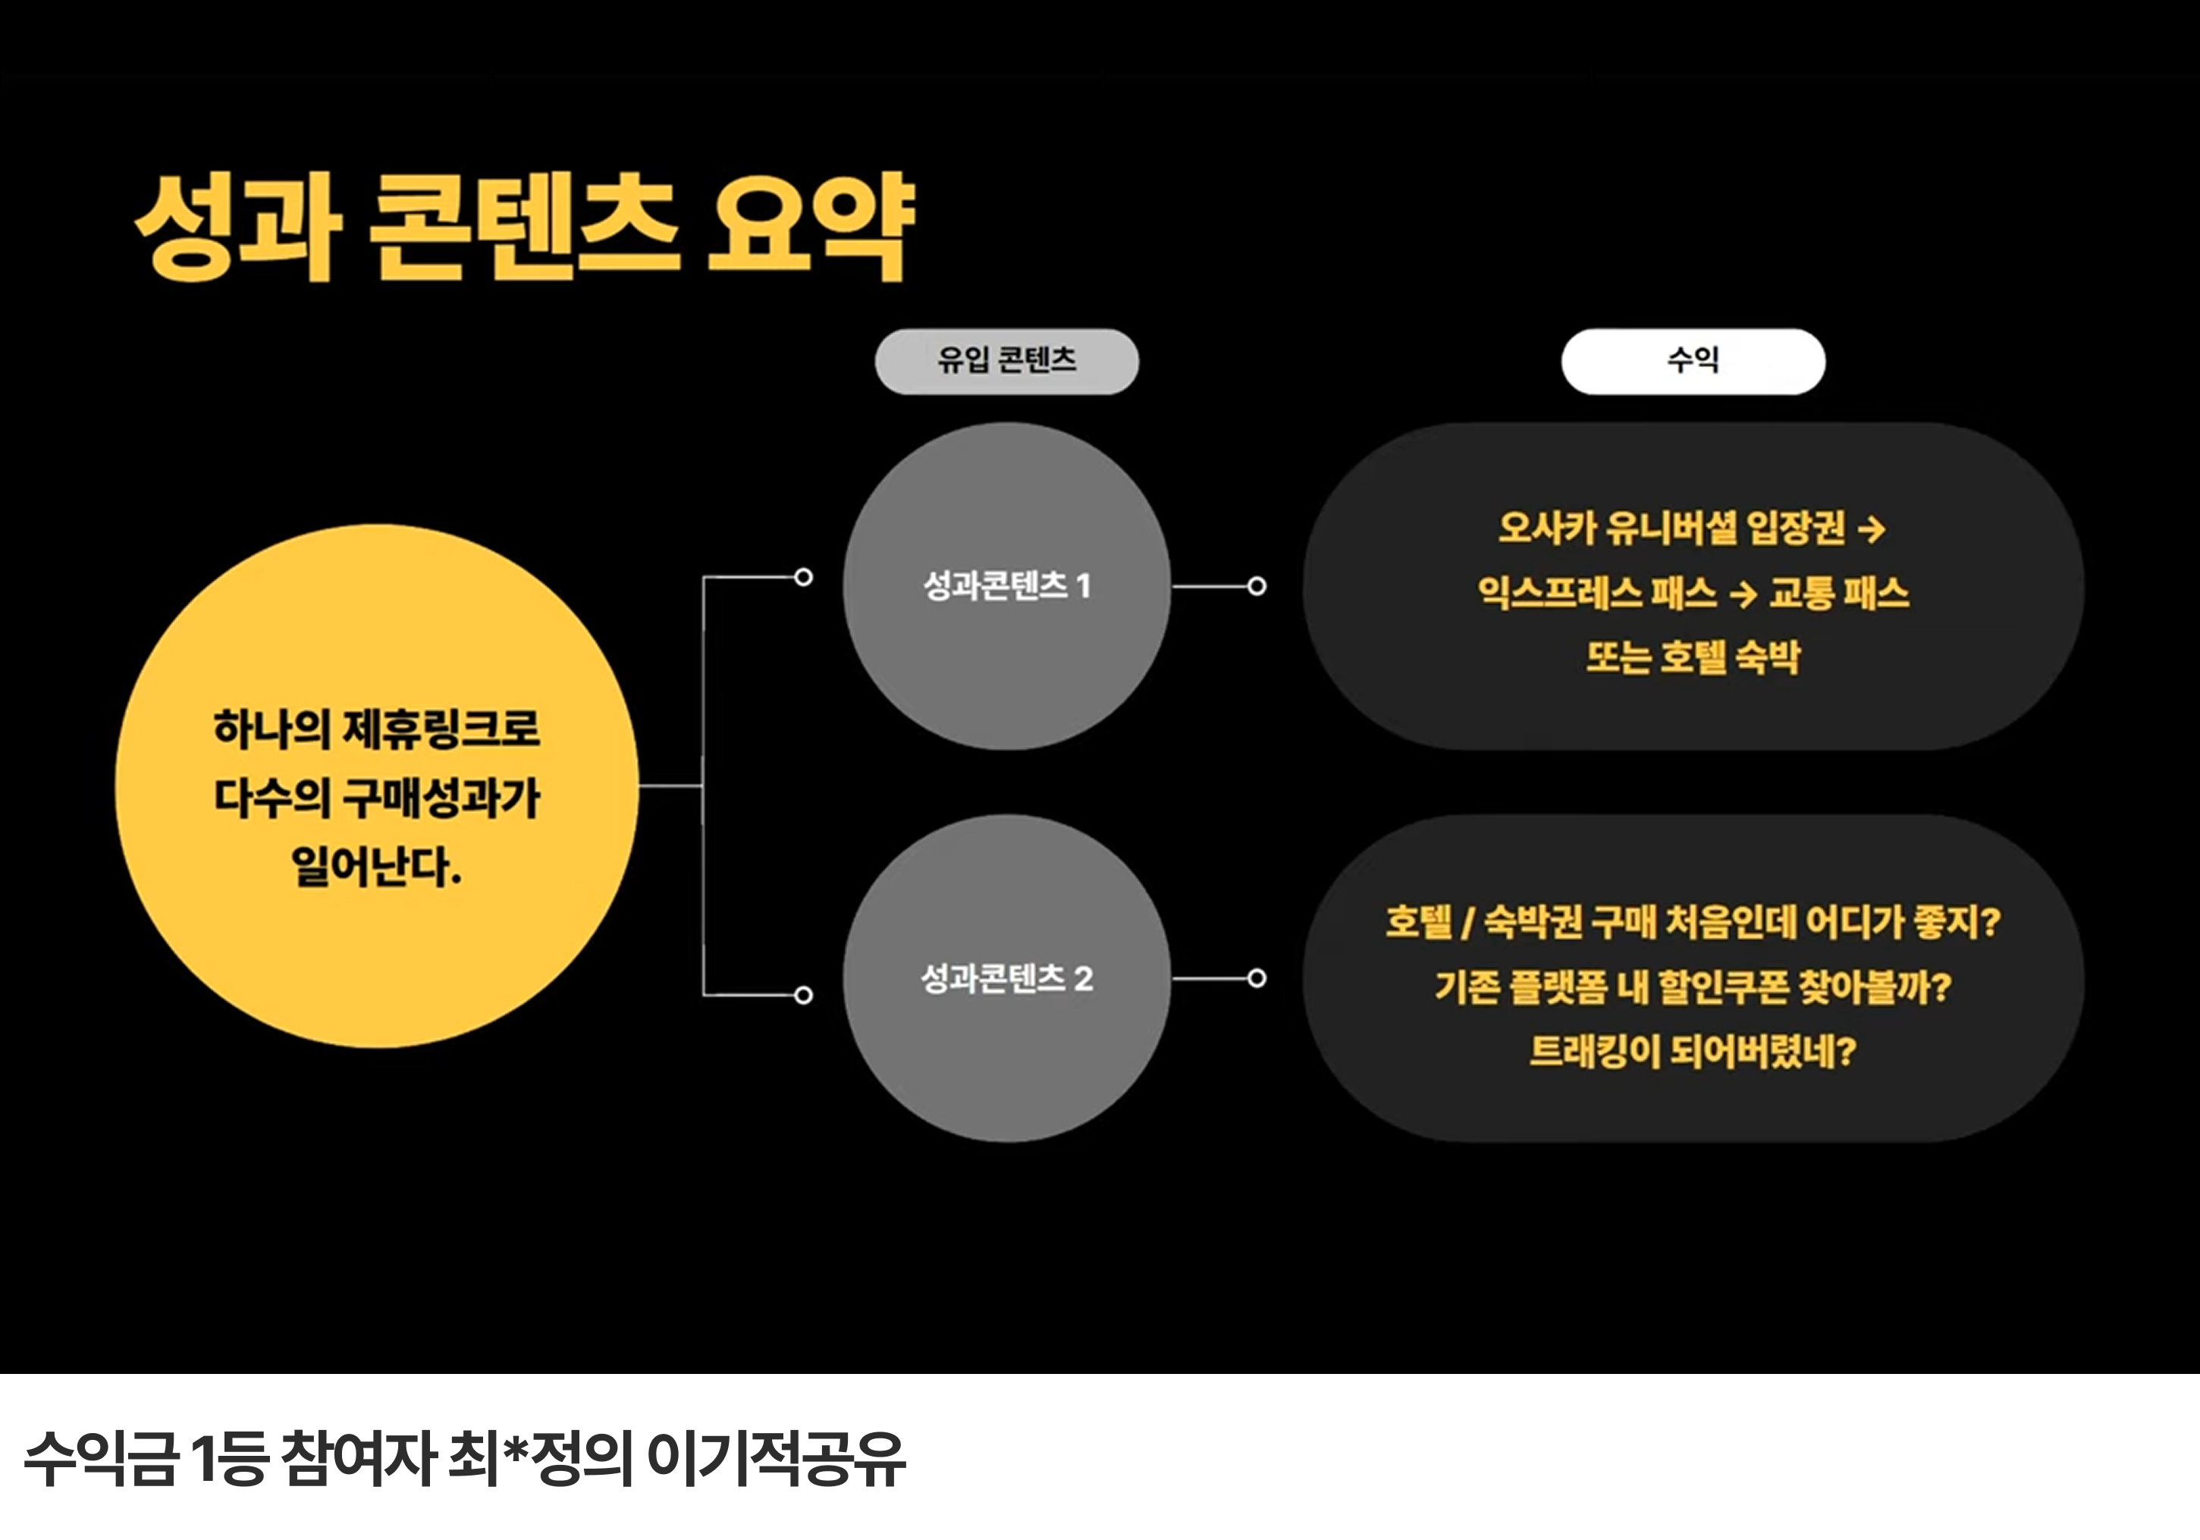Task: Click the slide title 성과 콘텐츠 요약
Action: coord(525,227)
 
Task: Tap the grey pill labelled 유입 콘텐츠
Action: coord(1006,361)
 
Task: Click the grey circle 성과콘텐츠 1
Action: coord(1006,585)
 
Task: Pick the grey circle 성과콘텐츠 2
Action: coord(1006,978)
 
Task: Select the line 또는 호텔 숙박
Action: coord(1692,657)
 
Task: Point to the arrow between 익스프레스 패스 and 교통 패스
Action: coord(1743,594)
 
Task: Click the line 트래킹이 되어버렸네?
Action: coord(1692,1051)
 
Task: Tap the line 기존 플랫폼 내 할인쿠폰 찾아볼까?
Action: coord(1692,987)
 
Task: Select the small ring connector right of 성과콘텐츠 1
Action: coord(1256,585)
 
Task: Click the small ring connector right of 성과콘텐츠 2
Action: coord(1256,978)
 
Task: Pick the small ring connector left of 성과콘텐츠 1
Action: coord(804,577)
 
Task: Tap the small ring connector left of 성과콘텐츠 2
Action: coord(804,995)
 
